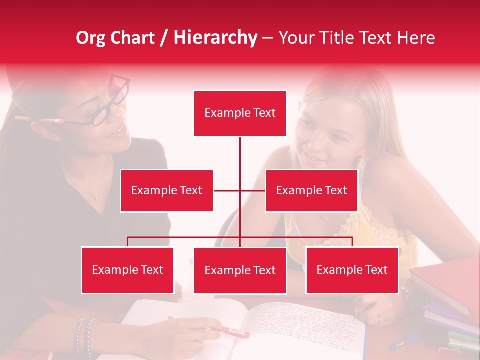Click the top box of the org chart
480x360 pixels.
pyautogui.click(x=240, y=113)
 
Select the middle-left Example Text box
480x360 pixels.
pyautogui.click(x=166, y=190)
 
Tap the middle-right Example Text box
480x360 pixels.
pyautogui.click(x=311, y=190)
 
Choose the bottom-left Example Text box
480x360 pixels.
pyautogui.click(x=127, y=270)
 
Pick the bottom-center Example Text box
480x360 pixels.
pyautogui.click(x=240, y=270)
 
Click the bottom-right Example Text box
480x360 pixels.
pyautogui.click(x=352, y=270)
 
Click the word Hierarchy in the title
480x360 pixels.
pyautogui.click(x=215, y=38)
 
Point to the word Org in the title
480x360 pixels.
pyautogui.click(x=91, y=38)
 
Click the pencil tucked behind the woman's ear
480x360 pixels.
pyautogui.click(x=40, y=120)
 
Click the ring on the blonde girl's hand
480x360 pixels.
pyautogui.click(x=380, y=319)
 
